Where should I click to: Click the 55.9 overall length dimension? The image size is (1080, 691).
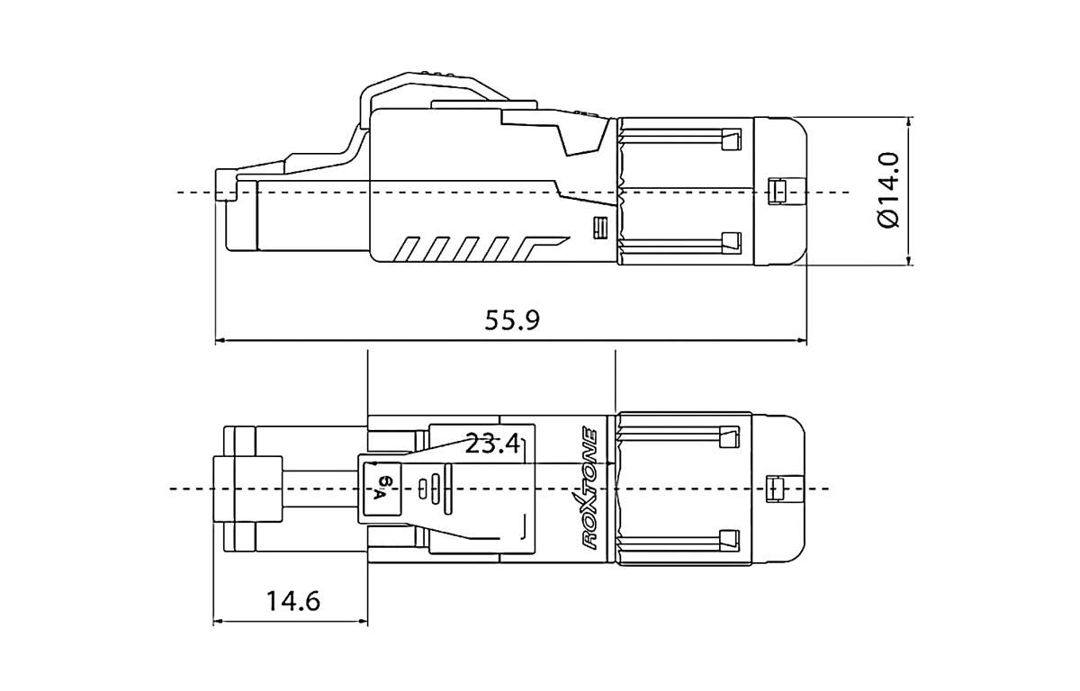click(x=512, y=320)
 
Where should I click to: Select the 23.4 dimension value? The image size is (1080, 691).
click(x=492, y=444)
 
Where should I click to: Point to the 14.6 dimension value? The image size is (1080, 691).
click(x=293, y=601)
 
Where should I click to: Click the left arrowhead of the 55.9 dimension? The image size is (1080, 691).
click(x=220, y=341)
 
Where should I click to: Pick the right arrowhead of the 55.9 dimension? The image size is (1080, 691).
click(x=802, y=341)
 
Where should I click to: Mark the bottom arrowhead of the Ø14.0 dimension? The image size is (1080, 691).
click(x=909, y=260)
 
